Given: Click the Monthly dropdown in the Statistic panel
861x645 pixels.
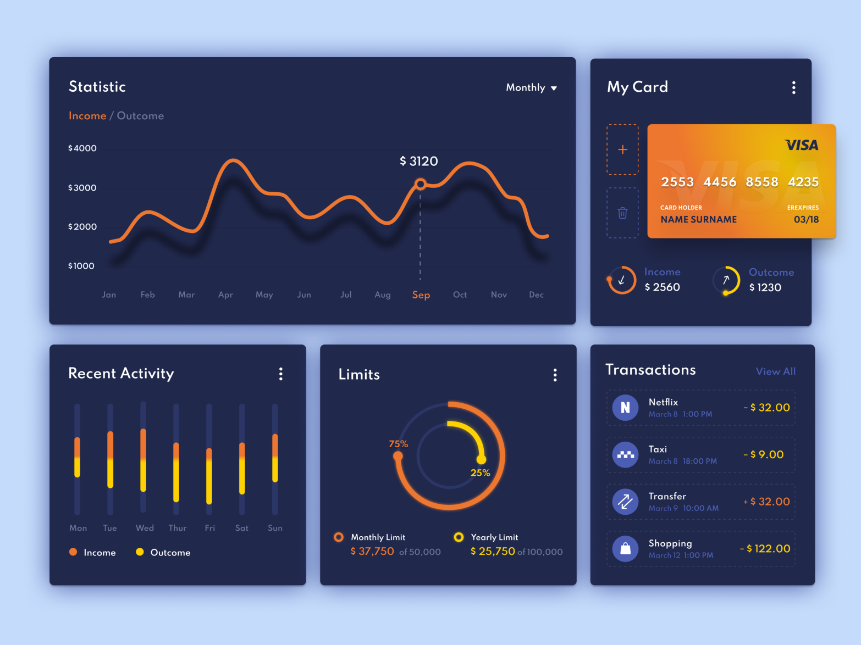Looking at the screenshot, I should [531, 88].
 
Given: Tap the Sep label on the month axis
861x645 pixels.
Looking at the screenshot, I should [421, 295].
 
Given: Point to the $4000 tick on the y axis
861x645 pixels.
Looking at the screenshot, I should [82, 148].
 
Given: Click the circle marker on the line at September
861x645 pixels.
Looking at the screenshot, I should [421, 184].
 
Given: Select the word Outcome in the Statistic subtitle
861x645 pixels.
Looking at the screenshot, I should [140, 116].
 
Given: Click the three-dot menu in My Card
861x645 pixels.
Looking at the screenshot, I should [793, 88].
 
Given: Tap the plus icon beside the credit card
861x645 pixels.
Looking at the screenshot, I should [622, 149].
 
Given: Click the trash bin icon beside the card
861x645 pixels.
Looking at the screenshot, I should [622, 213].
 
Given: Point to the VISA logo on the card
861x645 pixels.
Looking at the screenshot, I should [802, 145].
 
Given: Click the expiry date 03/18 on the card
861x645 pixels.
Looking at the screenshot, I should [806, 220].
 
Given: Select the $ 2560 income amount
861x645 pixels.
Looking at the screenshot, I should [662, 287].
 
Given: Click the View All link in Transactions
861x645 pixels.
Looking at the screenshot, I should [775, 371].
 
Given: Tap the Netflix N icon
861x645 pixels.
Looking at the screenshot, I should [626, 408].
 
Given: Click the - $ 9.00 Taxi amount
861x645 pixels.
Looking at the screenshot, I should [764, 455].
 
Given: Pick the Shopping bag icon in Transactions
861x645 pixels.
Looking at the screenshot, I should [626, 548].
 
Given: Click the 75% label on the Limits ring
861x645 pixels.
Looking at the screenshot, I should [398, 444].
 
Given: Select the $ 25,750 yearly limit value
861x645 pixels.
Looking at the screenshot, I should [493, 552].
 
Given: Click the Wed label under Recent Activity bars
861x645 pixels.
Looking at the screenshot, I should [145, 528].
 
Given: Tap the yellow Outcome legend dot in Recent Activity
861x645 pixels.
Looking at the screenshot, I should [140, 552].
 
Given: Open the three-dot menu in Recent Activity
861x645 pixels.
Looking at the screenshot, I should [281, 374].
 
